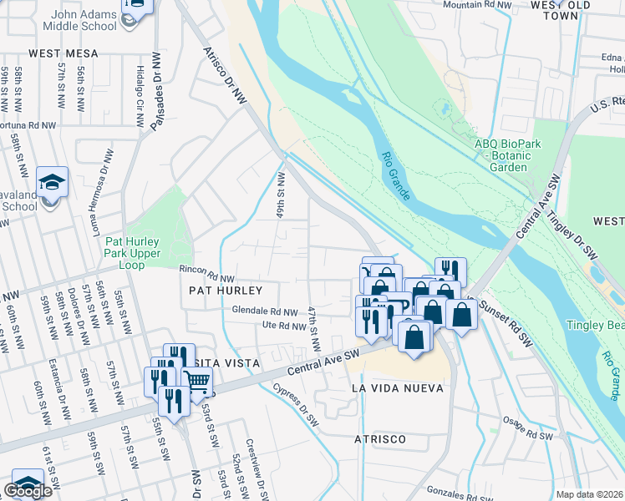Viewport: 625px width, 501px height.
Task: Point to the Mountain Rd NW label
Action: [476, 5]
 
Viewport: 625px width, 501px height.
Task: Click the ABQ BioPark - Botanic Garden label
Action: [502, 155]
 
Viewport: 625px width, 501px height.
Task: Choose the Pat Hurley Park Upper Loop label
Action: [136, 253]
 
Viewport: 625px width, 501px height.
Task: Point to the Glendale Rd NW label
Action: [265, 311]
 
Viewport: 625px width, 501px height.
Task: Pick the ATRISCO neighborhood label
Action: [379, 439]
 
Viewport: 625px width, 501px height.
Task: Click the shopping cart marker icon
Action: [197, 382]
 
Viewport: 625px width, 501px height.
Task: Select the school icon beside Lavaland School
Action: [51, 183]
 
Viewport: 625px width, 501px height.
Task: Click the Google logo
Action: [28, 491]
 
